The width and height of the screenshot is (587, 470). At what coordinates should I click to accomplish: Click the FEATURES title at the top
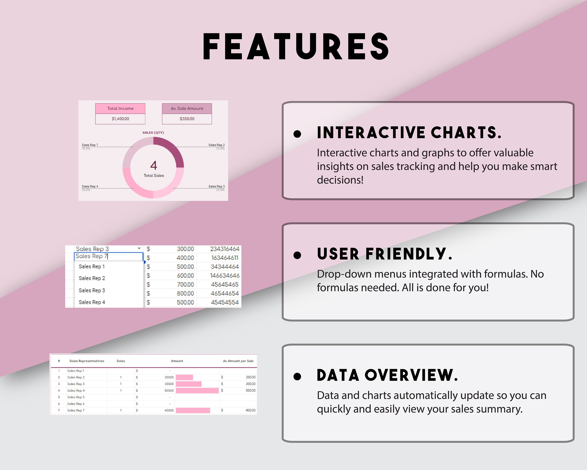pos(296,46)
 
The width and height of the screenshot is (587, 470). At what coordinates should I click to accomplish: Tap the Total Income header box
pos(120,108)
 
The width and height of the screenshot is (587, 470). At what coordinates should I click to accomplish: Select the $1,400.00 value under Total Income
pos(120,119)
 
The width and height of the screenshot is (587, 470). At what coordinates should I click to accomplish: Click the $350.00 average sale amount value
pos(187,119)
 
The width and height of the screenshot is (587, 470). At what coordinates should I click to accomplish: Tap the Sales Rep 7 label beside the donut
pos(90,145)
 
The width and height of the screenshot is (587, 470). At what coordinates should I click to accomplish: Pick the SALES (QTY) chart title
pos(153,133)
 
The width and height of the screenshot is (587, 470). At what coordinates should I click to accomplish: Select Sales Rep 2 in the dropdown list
pos(92,278)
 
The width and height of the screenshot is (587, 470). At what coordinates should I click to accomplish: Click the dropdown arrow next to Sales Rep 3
pos(139,249)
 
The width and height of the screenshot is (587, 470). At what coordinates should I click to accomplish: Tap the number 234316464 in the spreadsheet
pos(225,249)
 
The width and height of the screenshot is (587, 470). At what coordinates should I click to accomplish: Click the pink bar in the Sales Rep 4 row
pos(197,390)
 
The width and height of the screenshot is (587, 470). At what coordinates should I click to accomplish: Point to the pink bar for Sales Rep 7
pos(193,410)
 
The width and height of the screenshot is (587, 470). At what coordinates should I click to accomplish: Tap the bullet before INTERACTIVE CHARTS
pos(297,134)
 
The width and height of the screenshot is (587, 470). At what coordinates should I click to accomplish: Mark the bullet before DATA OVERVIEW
pos(297,377)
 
